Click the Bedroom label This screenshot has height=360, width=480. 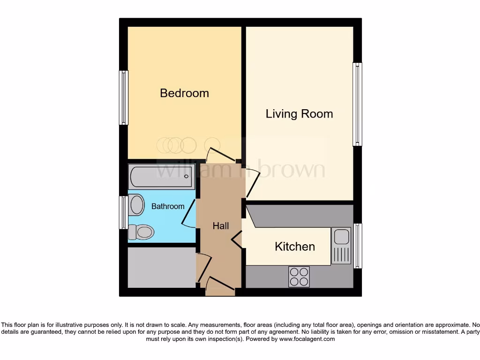click(184, 93)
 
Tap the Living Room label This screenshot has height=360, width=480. click(299, 114)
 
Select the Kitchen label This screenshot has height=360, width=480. click(295, 247)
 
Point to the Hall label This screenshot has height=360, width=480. click(221, 226)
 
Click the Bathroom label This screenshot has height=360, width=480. click(168, 206)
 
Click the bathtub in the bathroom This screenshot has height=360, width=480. click(161, 177)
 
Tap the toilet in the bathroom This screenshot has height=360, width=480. click(142, 232)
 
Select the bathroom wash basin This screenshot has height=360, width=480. click(136, 205)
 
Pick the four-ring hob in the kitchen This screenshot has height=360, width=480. click(299, 276)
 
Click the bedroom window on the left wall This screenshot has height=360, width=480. click(124, 97)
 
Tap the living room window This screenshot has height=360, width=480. click(357, 104)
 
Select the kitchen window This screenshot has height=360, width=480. click(358, 246)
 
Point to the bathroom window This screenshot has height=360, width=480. click(123, 212)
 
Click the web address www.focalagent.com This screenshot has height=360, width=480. click(307, 339)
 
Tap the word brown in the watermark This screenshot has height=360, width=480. click(292, 170)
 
